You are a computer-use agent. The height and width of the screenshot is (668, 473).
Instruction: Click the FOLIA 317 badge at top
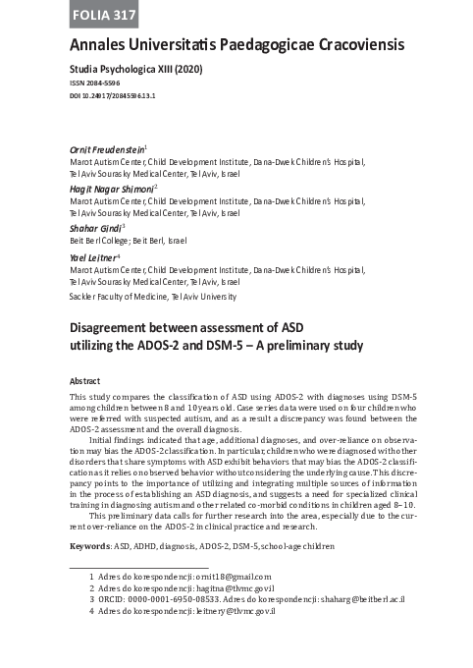point(103,15)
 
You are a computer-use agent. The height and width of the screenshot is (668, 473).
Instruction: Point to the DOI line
point(115,97)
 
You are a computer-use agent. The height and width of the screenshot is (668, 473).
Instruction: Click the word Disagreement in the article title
point(117,326)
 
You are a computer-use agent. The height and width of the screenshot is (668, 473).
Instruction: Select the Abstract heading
point(85,379)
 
